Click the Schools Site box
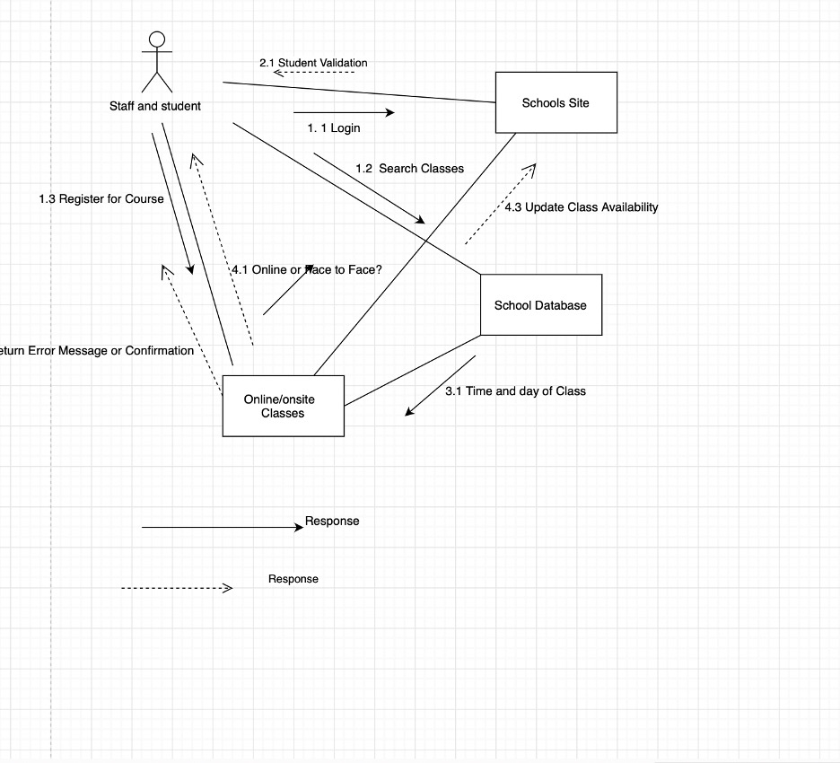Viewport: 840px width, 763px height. pyautogui.click(x=556, y=102)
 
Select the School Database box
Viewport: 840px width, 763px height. pyautogui.click(x=540, y=305)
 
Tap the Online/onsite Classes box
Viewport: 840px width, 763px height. pyautogui.click(x=283, y=406)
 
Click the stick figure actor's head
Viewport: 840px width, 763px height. pyautogui.click(x=157, y=39)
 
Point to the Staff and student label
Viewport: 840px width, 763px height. pyautogui.click(x=155, y=106)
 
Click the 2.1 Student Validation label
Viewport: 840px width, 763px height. pyautogui.click(x=313, y=63)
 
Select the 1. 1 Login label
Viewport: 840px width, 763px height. pyautogui.click(x=334, y=128)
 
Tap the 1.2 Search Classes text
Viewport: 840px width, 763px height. pyautogui.click(x=409, y=169)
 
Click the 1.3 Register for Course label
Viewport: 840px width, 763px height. pyautogui.click(x=101, y=198)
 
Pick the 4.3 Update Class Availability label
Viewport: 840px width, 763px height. pyautogui.click(x=581, y=207)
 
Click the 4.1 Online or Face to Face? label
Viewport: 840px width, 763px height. pyautogui.click(x=307, y=269)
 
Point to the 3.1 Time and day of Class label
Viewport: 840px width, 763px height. pyautogui.click(x=515, y=390)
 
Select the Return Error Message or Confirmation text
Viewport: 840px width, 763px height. pyautogui.click(x=95, y=351)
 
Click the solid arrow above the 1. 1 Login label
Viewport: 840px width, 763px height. pyautogui.click(x=344, y=112)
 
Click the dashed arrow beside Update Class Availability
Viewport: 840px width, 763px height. pyautogui.click(x=500, y=204)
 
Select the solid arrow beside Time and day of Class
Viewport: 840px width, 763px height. pyautogui.click(x=440, y=386)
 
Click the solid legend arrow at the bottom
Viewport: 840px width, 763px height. pyautogui.click(x=223, y=528)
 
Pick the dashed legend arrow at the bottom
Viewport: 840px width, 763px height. pyautogui.click(x=177, y=589)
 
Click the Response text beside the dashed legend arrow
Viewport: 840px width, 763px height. pyautogui.click(x=293, y=579)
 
